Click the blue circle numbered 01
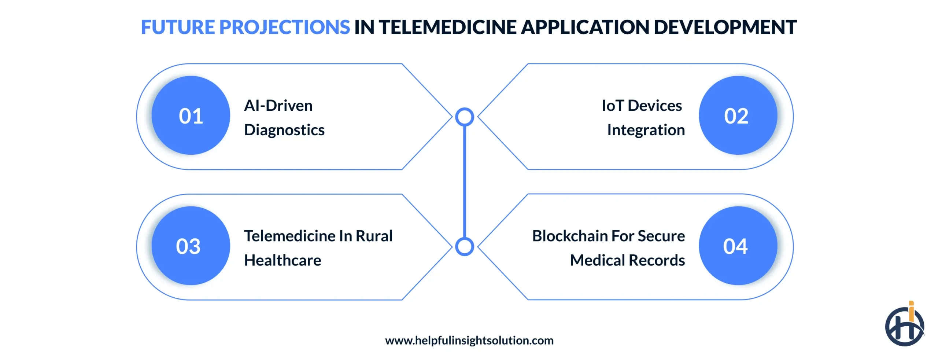click(x=191, y=115)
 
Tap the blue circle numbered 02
click(x=737, y=115)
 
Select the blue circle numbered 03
click(x=191, y=246)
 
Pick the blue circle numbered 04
click(x=737, y=246)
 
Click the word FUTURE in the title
click(x=178, y=27)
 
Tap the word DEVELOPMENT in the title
click(x=725, y=27)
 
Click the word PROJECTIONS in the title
click(x=284, y=27)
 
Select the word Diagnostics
click(x=284, y=130)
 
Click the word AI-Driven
click(x=278, y=106)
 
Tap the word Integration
click(x=646, y=130)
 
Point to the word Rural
click(x=374, y=236)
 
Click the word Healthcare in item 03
click(x=282, y=260)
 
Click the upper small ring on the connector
click(x=464, y=117)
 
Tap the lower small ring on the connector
click(x=464, y=246)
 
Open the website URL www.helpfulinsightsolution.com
click(x=469, y=341)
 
